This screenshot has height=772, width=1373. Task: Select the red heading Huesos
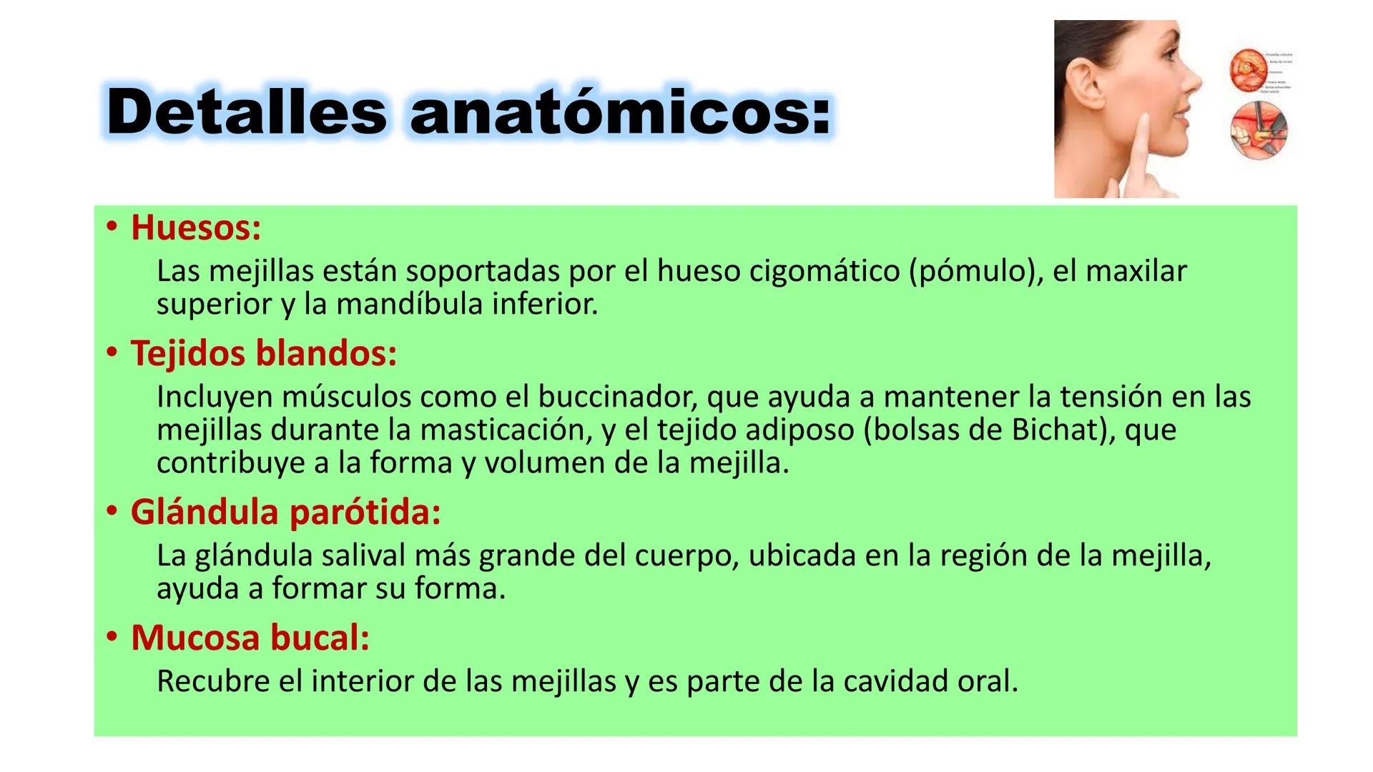tap(195, 228)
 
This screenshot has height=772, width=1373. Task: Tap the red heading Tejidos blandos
tap(262, 353)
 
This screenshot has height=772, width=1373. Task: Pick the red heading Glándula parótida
tap(285, 513)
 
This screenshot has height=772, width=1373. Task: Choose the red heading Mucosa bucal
tap(250, 638)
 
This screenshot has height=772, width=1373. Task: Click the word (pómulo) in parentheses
tap(975, 272)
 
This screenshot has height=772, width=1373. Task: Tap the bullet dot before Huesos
tap(111, 228)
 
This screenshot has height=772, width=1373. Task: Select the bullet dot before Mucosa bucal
tap(111, 638)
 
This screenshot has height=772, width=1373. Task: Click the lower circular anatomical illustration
tap(1259, 133)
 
